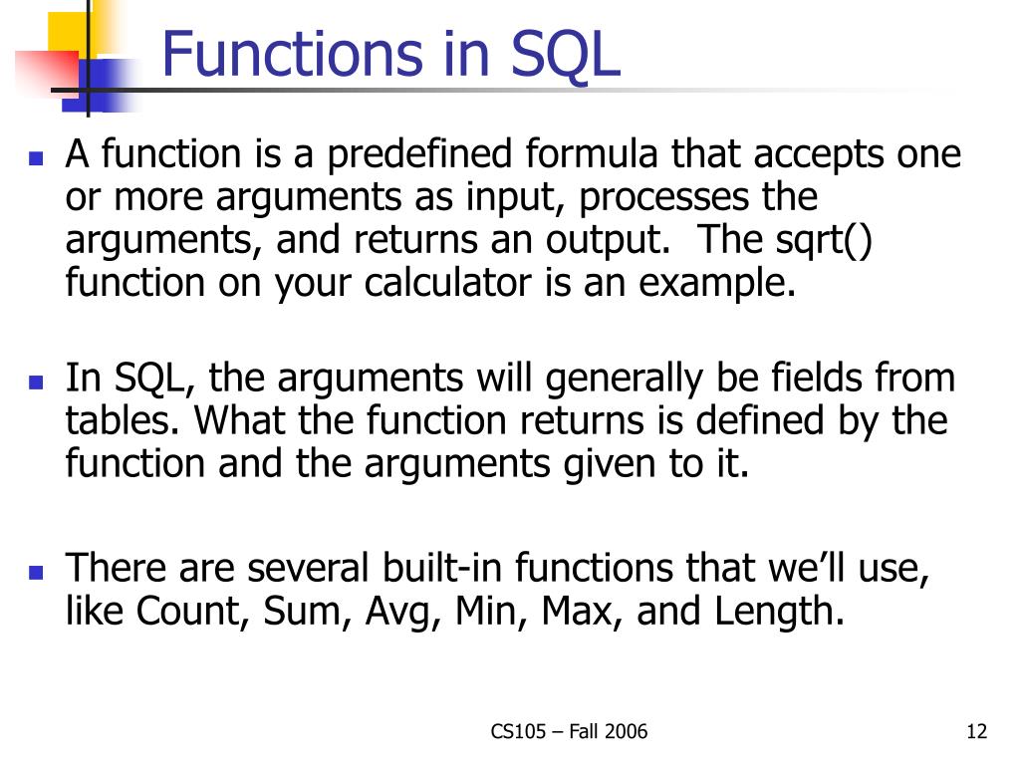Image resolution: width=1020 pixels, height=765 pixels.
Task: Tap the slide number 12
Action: pyautogui.click(x=976, y=733)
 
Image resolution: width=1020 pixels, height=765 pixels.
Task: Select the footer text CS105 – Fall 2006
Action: pyautogui.click(x=569, y=733)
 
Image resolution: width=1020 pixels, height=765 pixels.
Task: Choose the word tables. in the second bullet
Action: pyautogui.click(x=124, y=421)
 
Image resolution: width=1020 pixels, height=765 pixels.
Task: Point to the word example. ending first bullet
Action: pyautogui.click(x=717, y=284)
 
